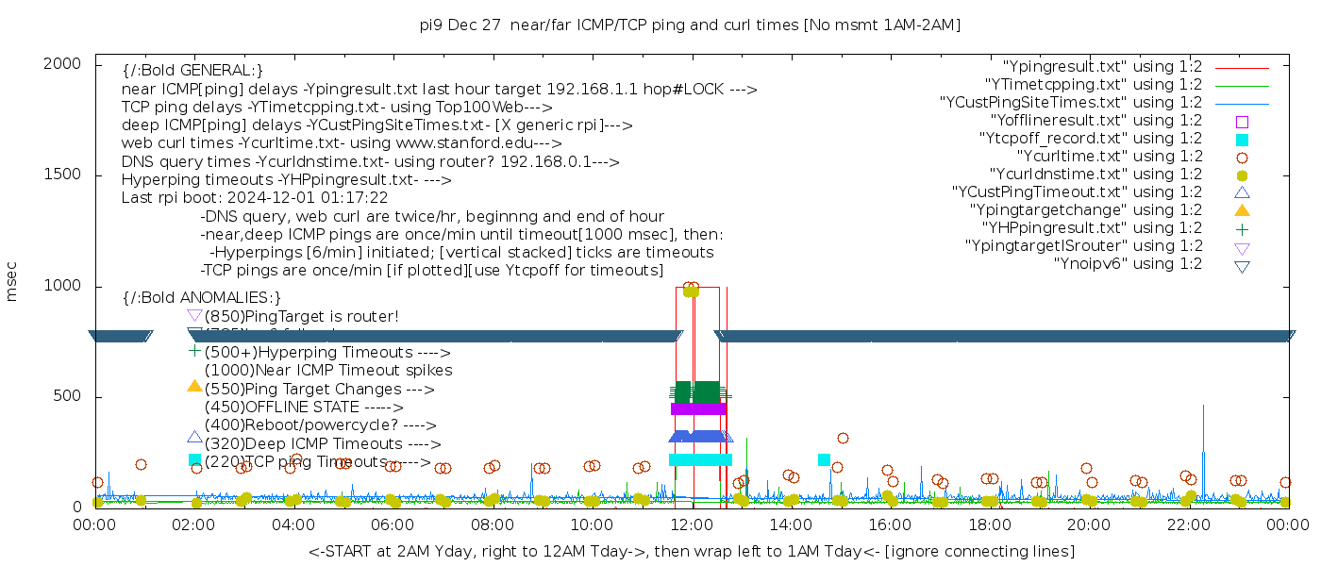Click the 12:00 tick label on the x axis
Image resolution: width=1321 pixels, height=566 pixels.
pos(692,526)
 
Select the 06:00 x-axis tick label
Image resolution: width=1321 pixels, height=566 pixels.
pos(393,526)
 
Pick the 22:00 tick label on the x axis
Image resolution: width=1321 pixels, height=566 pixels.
pos(1188,526)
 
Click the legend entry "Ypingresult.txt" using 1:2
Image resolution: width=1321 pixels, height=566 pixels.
pos(1102,67)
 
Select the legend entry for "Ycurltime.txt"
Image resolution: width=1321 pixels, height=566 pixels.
pos(1109,157)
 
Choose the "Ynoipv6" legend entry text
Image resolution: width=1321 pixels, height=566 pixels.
pos(1128,264)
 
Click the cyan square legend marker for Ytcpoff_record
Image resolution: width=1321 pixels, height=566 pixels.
pos(1242,140)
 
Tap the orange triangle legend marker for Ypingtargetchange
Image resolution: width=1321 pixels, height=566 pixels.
pos(1242,210)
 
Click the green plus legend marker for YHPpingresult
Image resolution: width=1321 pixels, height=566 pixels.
pos(1242,228)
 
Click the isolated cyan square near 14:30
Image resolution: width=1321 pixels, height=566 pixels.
pos(824,459)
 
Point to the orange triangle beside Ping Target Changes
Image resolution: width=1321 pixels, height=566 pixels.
pos(194,386)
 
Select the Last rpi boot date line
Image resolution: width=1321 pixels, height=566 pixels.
pos(255,198)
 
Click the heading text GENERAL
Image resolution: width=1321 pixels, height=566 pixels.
pos(192,71)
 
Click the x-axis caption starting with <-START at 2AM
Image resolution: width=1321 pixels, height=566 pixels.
pos(691,551)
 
